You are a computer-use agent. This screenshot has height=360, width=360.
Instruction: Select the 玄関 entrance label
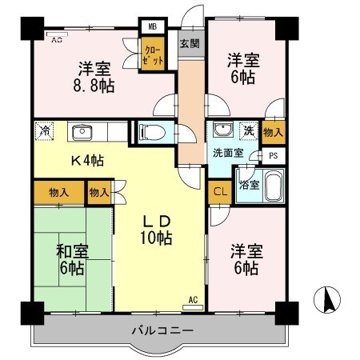189,43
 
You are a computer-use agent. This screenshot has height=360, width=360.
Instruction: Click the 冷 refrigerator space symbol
45,130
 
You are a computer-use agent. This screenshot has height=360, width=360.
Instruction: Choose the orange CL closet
218,192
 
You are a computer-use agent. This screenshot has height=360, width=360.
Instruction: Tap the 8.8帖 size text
94,84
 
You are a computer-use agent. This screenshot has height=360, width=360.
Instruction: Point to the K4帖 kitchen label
86,159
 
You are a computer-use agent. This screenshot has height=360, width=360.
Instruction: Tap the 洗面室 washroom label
228,152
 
